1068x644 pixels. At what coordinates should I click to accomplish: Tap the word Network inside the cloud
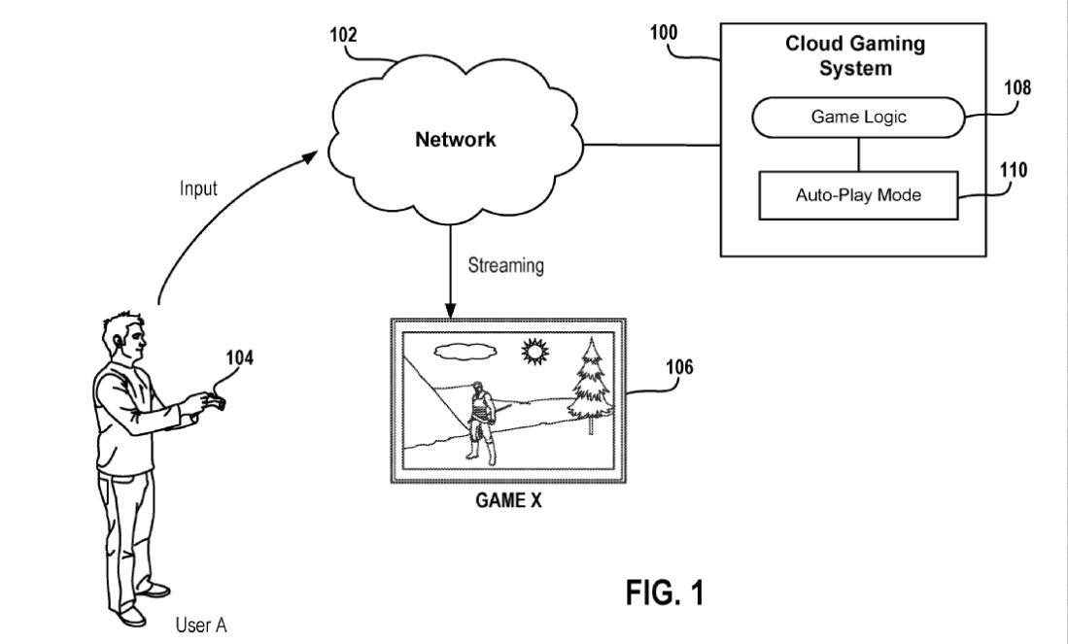point(456,139)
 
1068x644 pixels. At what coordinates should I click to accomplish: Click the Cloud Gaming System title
point(855,56)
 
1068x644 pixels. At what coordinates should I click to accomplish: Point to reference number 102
point(342,35)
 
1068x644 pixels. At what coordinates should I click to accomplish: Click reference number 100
point(665,31)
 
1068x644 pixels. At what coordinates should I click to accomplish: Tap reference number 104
point(239,358)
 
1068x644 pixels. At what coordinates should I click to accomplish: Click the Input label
point(197,188)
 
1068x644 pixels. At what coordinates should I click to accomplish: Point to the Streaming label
point(505,265)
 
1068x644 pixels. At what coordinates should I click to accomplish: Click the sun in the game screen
point(533,351)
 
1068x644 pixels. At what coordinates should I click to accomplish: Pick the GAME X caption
point(507,504)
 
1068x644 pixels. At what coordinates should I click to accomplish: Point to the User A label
point(201,625)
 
